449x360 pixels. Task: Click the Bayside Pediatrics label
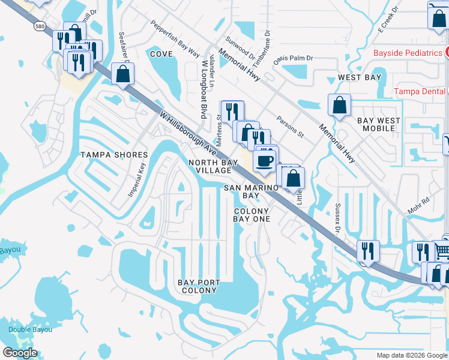(408, 53)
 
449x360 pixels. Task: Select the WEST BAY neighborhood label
(359, 77)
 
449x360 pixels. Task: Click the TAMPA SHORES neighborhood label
(114, 155)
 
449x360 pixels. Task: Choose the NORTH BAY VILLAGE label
(210, 166)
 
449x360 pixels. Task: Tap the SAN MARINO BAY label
(251, 191)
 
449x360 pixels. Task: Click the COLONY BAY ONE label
(252, 215)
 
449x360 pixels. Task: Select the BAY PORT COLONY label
(199, 286)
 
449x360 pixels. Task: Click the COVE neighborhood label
(161, 54)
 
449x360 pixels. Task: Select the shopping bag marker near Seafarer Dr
(122, 74)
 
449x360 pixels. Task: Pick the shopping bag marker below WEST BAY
(339, 105)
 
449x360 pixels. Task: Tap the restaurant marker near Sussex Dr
(367, 250)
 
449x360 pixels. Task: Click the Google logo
(20, 353)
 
